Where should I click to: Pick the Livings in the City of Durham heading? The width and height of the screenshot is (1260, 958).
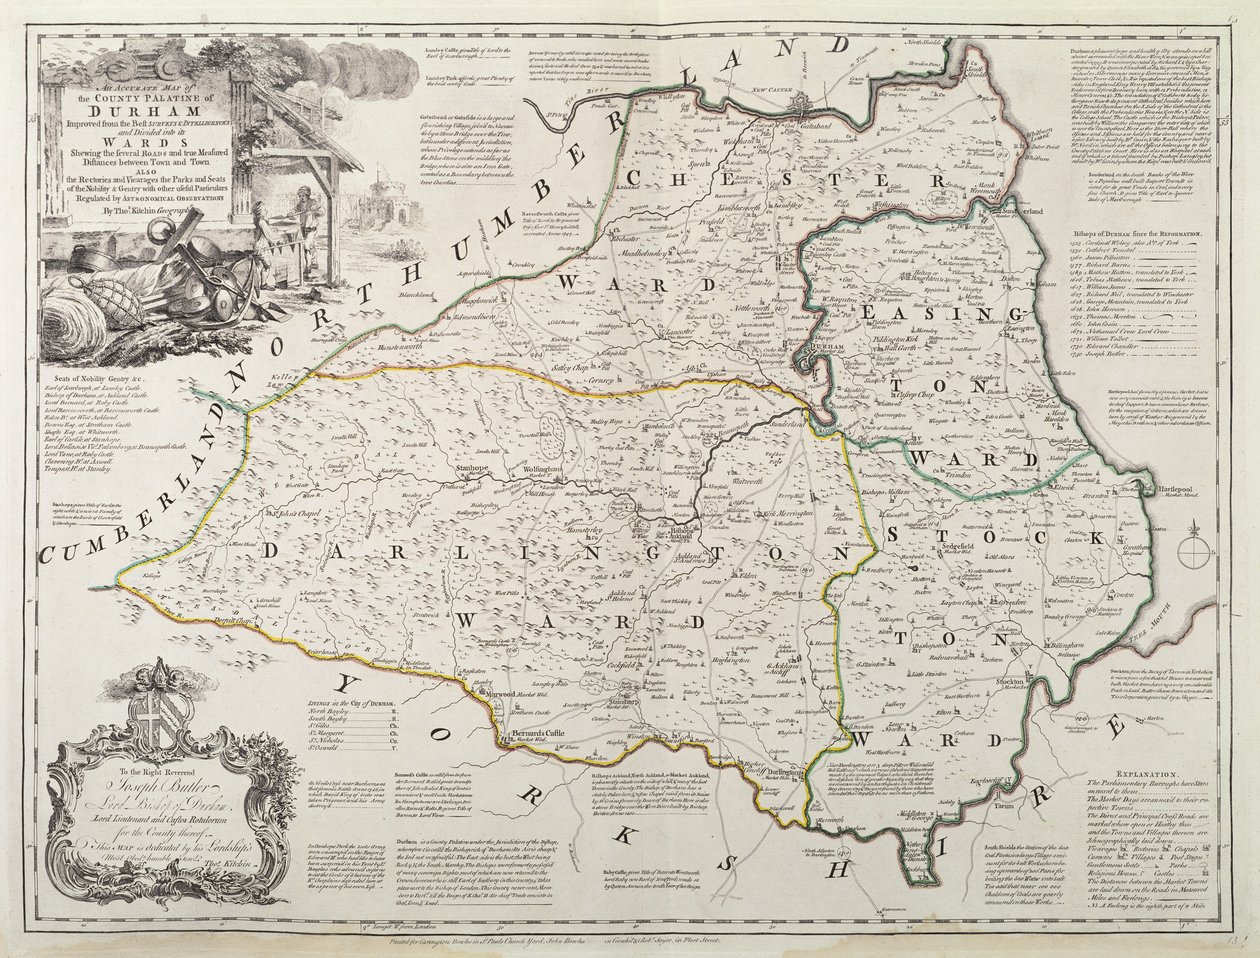pyautogui.click(x=340, y=707)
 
